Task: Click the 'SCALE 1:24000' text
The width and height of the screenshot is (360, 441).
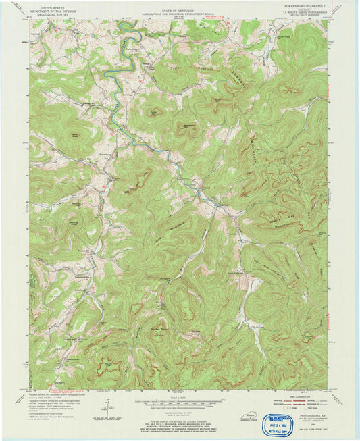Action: (x=180, y=397)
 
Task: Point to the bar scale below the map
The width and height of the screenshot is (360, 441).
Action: (x=180, y=403)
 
